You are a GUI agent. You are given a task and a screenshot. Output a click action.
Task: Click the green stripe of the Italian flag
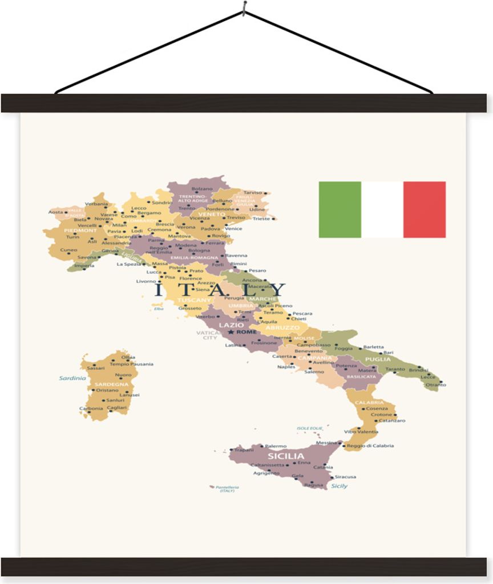point(340,209)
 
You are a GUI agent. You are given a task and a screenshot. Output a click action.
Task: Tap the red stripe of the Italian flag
point(425,209)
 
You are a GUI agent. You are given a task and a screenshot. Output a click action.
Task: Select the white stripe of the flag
point(382,209)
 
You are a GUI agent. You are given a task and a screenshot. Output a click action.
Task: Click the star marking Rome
point(231,332)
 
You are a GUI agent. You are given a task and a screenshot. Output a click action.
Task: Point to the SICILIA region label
point(286,456)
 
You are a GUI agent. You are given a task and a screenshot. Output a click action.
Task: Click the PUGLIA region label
point(378,359)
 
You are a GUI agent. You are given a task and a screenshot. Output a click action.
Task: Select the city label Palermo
point(276,446)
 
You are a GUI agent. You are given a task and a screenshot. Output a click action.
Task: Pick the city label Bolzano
point(202,189)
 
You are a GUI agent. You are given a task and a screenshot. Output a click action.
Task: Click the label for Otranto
point(436,385)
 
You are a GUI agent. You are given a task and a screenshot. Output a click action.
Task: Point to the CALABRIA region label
point(368,403)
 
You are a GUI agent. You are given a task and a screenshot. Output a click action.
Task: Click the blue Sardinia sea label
point(72,378)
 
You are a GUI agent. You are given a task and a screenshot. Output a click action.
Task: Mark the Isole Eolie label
point(309,428)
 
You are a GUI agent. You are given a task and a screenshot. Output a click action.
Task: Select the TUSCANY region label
point(194,300)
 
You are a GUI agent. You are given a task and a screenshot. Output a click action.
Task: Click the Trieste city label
point(261,218)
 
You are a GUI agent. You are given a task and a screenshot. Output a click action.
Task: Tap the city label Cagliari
point(116,408)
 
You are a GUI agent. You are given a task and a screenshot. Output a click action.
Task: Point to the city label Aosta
point(55,212)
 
